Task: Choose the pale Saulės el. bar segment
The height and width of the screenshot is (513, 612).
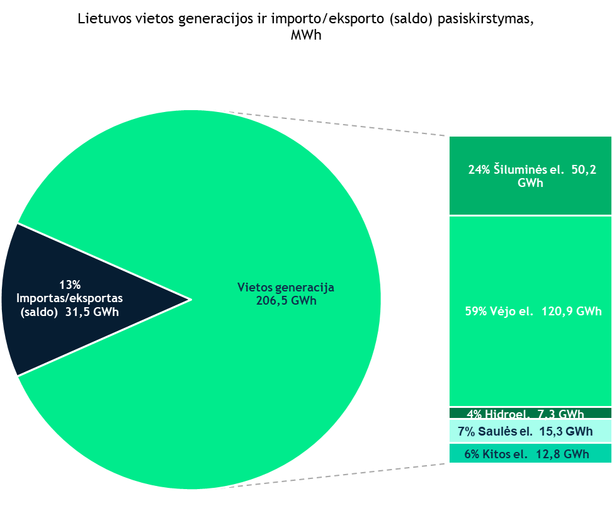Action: pyautogui.click(x=530, y=432)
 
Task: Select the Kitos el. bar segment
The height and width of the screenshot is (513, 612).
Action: pyautogui.click(x=530, y=454)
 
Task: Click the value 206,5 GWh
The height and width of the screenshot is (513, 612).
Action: pyautogui.click(x=286, y=301)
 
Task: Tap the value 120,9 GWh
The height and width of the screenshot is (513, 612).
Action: pyautogui.click(x=571, y=311)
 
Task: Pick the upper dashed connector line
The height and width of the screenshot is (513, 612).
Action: pyautogui.click(x=340, y=124)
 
